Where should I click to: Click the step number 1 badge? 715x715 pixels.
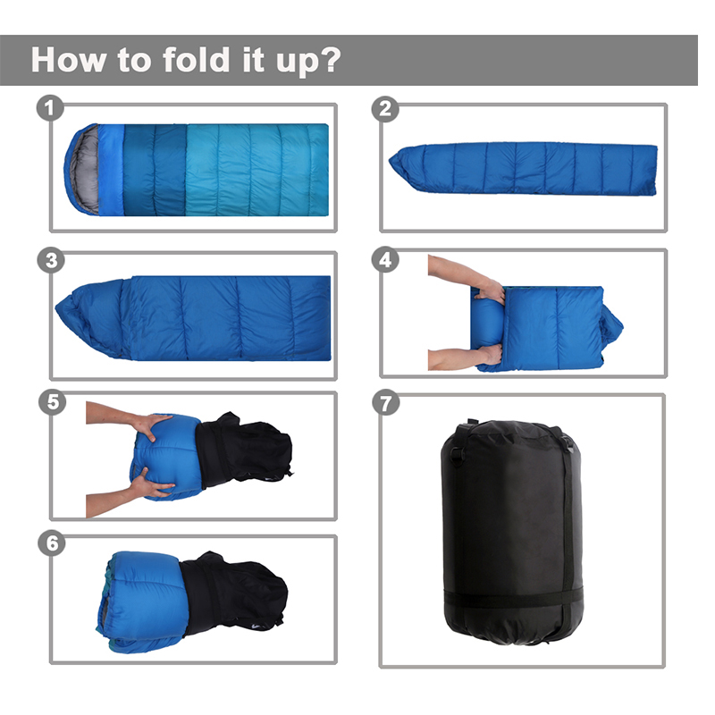coord(50,108)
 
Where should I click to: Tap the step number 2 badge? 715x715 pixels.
coord(385,109)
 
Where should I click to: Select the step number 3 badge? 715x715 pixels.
coord(51,260)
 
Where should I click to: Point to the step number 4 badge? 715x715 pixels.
coord(385,259)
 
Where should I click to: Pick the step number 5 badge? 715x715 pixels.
coord(53,402)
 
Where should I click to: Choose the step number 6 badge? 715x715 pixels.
coord(52,543)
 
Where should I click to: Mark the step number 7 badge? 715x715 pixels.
coord(386,403)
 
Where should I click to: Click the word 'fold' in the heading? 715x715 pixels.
coord(196,59)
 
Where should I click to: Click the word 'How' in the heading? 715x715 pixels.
coord(69,60)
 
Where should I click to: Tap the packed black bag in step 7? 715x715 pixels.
coord(511,532)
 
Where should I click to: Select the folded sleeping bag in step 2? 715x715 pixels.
coord(523,168)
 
